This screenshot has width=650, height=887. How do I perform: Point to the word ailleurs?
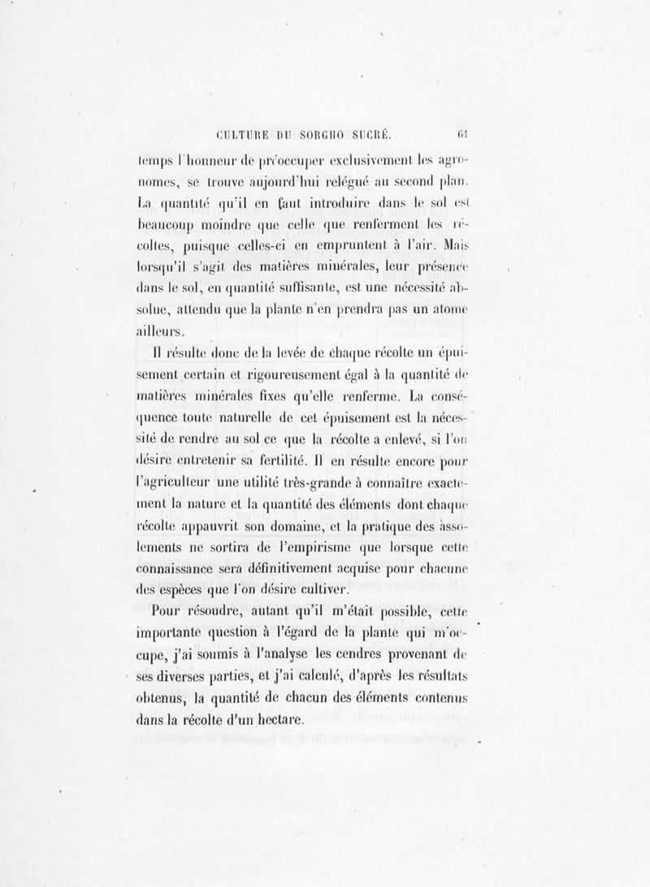pyautogui.click(x=159, y=331)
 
